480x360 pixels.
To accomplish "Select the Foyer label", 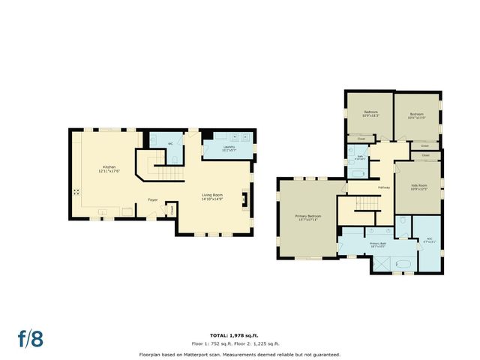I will [x=152, y=199].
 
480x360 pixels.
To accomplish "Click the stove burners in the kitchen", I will [x=77, y=191].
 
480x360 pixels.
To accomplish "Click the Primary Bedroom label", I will [x=307, y=216].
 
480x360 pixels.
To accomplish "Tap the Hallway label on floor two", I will [x=383, y=187].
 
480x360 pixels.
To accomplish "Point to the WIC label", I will [x=428, y=241].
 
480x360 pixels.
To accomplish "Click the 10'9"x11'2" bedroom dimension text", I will [x=370, y=116].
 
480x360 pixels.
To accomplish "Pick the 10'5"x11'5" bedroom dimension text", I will [x=417, y=117].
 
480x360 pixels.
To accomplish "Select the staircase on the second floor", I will [x=367, y=203].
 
